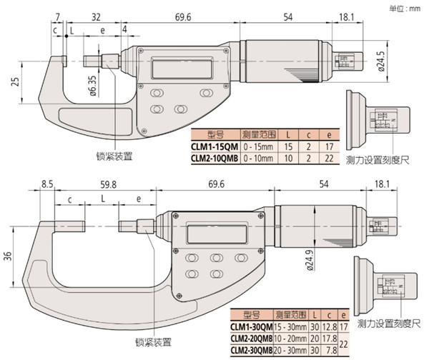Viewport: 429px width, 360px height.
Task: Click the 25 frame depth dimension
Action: click(x=14, y=82)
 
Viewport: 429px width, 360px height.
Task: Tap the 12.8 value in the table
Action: click(x=330, y=328)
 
